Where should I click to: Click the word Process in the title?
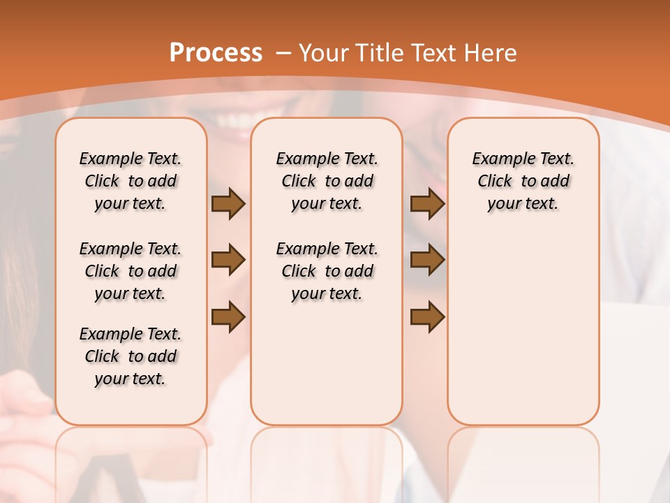click(x=216, y=53)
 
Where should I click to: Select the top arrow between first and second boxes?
click(x=228, y=204)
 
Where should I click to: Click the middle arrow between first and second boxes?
click(x=228, y=261)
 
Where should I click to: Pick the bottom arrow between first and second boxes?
click(x=228, y=317)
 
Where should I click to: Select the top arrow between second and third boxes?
click(x=427, y=204)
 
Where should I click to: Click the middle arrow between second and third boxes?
click(x=427, y=261)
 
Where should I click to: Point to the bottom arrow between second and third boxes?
click(x=427, y=317)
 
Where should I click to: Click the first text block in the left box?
click(x=131, y=181)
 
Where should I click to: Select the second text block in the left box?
click(x=131, y=271)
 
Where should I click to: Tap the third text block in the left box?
click(x=131, y=356)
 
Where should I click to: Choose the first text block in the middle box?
click(x=327, y=181)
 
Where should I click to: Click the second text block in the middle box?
click(x=327, y=271)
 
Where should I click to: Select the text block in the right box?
click(x=523, y=181)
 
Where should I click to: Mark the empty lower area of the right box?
click(x=523, y=335)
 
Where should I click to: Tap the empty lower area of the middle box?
click(x=327, y=363)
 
